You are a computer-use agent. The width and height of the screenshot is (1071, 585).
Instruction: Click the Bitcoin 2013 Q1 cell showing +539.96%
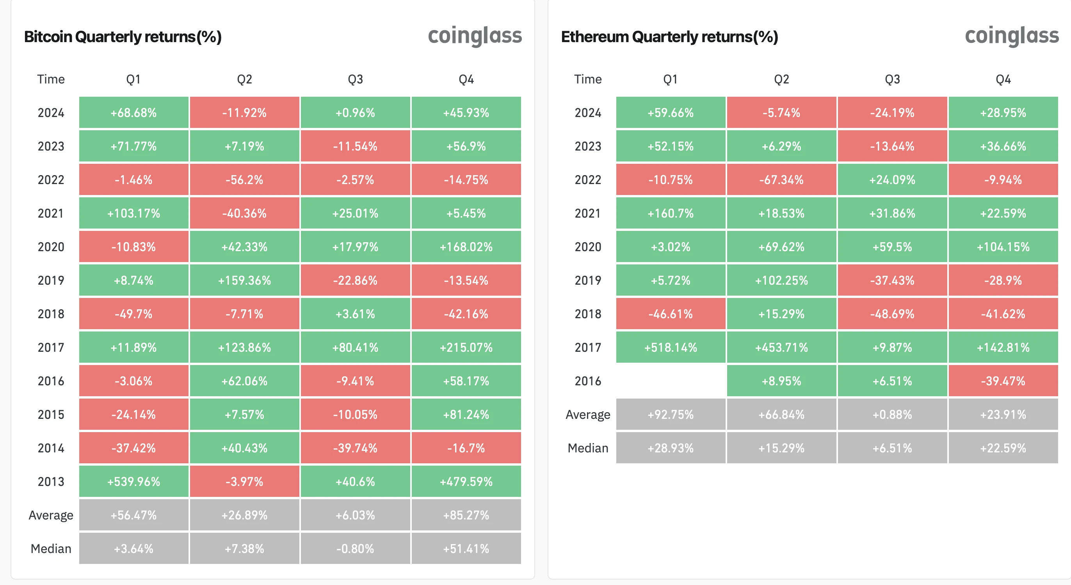pyautogui.click(x=133, y=481)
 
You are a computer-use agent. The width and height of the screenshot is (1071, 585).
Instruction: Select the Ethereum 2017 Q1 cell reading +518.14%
pyautogui.click(x=670, y=347)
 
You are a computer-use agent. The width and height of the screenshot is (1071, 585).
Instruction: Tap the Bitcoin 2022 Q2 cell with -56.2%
pyautogui.click(x=244, y=179)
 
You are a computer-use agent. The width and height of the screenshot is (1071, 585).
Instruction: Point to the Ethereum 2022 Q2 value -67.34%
pyautogui.click(x=781, y=179)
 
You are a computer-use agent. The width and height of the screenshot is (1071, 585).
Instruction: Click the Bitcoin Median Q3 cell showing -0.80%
pyautogui.click(x=355, y=548)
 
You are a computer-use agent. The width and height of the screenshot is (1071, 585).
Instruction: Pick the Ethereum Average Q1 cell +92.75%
pyautogui.click(x=670, y=414)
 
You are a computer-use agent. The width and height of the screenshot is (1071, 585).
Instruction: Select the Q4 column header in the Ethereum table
pyautogui.click(x=1003, y=79)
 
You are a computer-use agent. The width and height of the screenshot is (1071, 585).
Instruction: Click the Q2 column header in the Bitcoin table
pyautogui.click(x=244, y=79)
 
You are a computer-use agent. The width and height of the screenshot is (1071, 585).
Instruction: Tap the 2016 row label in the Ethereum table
pyautogui.click(x=587, y=381)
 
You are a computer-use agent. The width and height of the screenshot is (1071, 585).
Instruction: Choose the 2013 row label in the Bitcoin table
pyautogui.click(x=51, y=481)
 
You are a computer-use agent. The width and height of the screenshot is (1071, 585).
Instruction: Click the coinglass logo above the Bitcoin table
pyautogui.click(x=474, y=36)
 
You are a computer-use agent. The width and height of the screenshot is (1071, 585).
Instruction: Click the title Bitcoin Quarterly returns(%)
pyautogui.click(x=123, y=37)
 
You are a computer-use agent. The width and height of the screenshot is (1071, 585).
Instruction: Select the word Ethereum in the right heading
pyautogui.click(x=594, y=37)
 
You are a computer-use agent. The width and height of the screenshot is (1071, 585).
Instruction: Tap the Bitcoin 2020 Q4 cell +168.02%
pyautogui.click(x=466, y=246)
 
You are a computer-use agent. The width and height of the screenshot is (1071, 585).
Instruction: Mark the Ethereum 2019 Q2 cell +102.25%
pyautogui.click(x=781, y=280)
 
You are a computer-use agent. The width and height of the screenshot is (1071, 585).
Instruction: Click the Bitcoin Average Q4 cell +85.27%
pyautogui.click(x=466, y=515)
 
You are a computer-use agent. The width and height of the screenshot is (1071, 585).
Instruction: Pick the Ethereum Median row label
pyautogui.click(x=587, y=448)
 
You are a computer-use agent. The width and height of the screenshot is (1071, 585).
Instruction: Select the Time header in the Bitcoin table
pyautogui.click(x=51, y=79)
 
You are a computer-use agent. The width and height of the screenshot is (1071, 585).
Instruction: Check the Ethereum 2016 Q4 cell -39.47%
pyautogui.click(x=1003, y=381)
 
